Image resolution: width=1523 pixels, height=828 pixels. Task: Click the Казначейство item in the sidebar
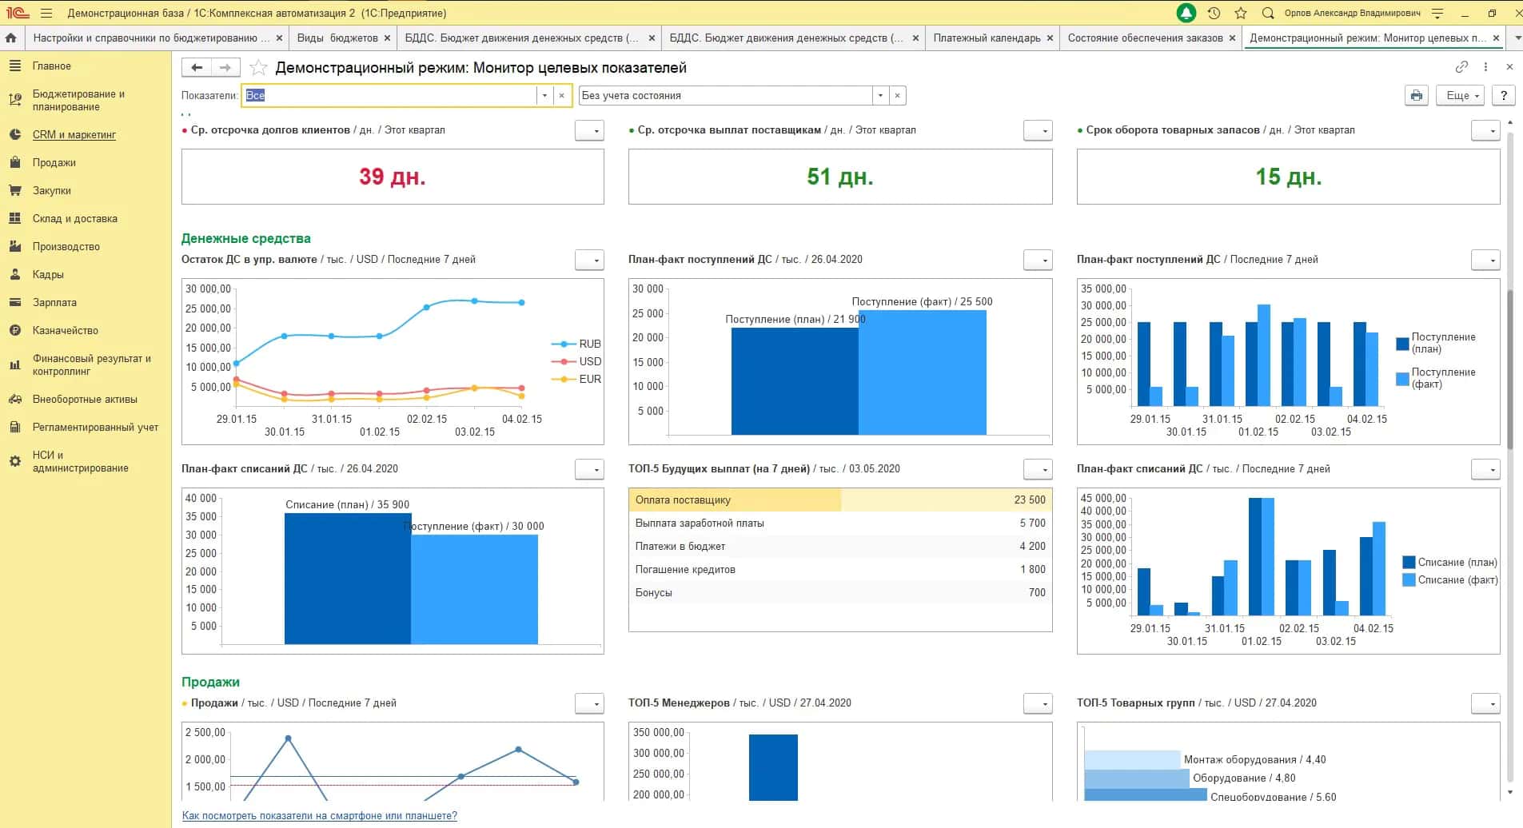pos(65,330)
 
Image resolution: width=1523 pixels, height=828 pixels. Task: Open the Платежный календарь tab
pos(987,38)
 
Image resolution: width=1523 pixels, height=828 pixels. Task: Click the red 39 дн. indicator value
pos(392,176)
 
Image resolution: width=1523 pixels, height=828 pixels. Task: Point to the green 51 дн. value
pos(839,176)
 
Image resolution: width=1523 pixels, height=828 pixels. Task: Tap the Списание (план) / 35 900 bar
pos(348,579)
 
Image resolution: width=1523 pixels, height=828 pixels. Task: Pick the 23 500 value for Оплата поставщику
pos(1030,500)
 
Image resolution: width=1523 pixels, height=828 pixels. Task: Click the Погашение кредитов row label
pos(685,569)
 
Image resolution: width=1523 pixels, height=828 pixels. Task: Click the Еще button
pos(1460,95)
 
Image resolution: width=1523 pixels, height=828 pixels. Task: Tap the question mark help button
pos(1504,95)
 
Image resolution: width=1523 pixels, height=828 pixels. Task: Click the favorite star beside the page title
pos(258,68)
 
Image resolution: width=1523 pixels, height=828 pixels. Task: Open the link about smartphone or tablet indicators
pos(320,816)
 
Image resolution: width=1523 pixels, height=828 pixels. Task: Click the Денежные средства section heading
pos(246,238)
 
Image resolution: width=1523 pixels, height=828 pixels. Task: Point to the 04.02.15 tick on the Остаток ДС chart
pos(522,419)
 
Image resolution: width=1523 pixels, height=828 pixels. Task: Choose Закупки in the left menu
pos(52,190)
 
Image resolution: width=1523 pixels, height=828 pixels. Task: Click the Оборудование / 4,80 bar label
pos(1244,778)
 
